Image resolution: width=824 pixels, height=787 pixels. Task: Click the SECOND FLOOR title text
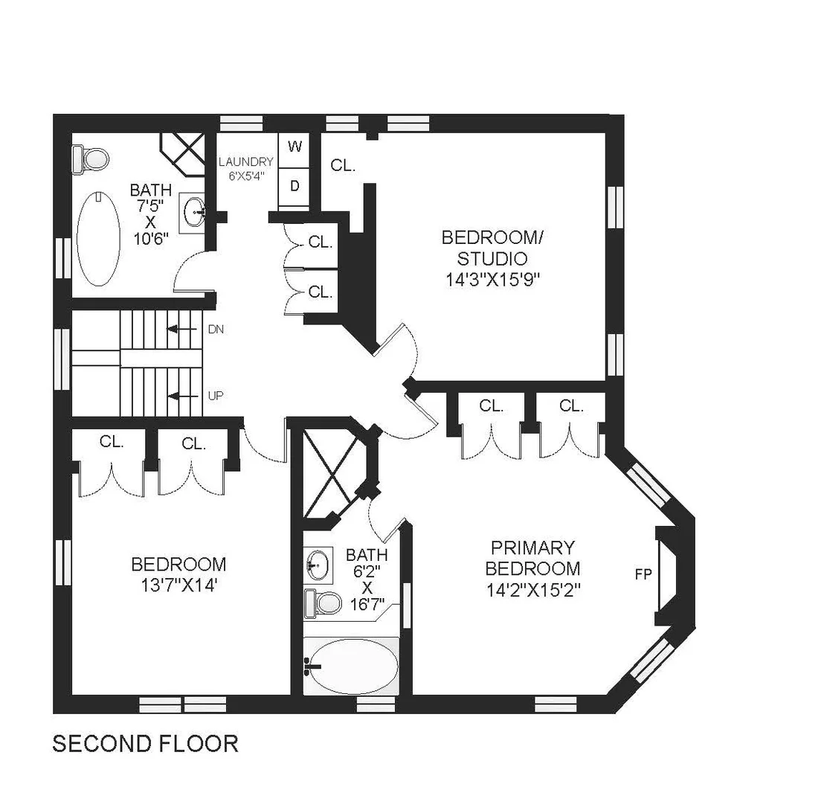point(145,744)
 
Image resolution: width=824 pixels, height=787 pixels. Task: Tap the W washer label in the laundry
point(294,146)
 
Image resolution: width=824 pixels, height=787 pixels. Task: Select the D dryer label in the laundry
point(294,185)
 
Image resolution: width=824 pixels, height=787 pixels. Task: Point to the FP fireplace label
point(643,574)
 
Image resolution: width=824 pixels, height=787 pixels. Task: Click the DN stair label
point(216,330)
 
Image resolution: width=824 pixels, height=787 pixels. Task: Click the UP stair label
point(216,396)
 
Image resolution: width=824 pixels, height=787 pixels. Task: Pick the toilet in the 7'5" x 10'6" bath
point(90,158)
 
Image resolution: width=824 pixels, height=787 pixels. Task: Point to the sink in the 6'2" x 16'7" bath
point(319,565)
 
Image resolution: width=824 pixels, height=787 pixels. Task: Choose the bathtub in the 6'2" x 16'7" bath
point(351,666)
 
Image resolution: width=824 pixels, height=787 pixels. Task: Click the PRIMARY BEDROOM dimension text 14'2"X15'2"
point(533,591)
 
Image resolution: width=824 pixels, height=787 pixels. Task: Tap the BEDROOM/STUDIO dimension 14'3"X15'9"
point(493,279)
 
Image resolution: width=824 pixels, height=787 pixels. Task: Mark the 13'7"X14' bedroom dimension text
point(178,585)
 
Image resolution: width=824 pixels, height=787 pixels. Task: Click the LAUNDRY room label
point(246,162)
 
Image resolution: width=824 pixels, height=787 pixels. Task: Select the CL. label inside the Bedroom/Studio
point(343,166)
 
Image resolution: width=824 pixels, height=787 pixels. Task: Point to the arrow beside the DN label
point(181,330)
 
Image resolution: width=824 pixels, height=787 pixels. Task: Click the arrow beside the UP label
point(181,396)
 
